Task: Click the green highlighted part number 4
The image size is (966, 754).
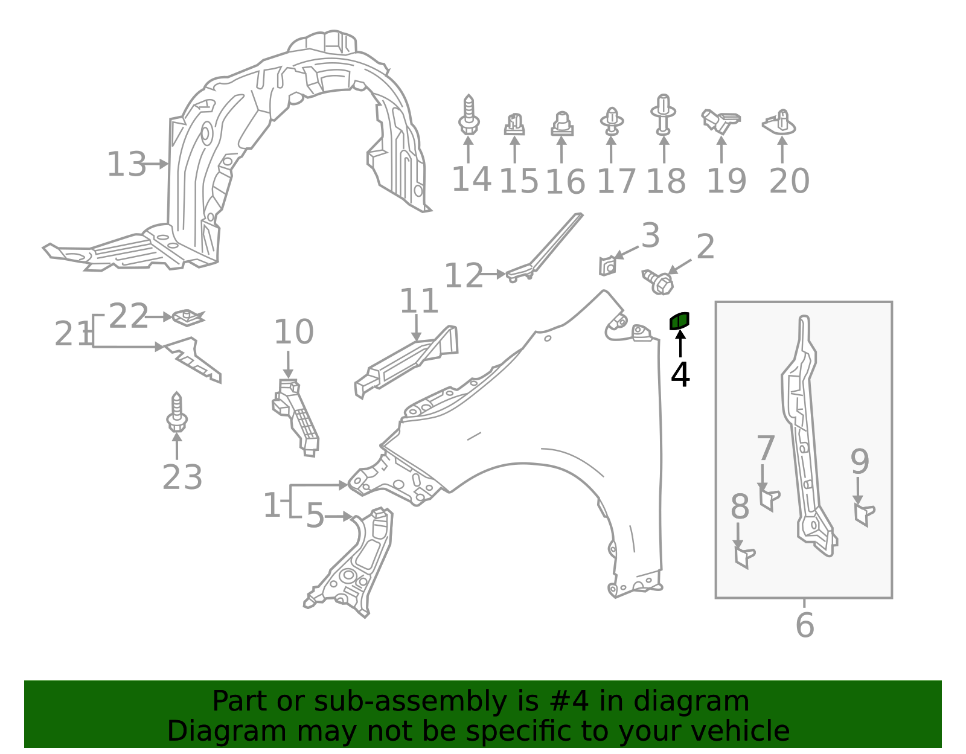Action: (679, 321)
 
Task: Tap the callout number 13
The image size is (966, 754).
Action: (126, 164)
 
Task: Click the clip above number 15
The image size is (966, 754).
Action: (514, 124)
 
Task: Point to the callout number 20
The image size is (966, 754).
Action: (789, 181)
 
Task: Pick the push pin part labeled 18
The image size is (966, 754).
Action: (663, 115)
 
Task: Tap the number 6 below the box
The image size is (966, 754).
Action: (805, 625)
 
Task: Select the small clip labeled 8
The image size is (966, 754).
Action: (744, 556)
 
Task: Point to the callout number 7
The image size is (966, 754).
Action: (766, 449)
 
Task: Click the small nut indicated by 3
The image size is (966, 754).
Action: (607, 266)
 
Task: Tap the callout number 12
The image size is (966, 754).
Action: (464, 276)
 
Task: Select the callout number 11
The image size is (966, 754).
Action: (419, 301)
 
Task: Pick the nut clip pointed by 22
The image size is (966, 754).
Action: (188, 317)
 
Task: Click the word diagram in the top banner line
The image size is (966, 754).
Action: (703, 701)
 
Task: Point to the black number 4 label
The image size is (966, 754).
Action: (680, 375)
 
